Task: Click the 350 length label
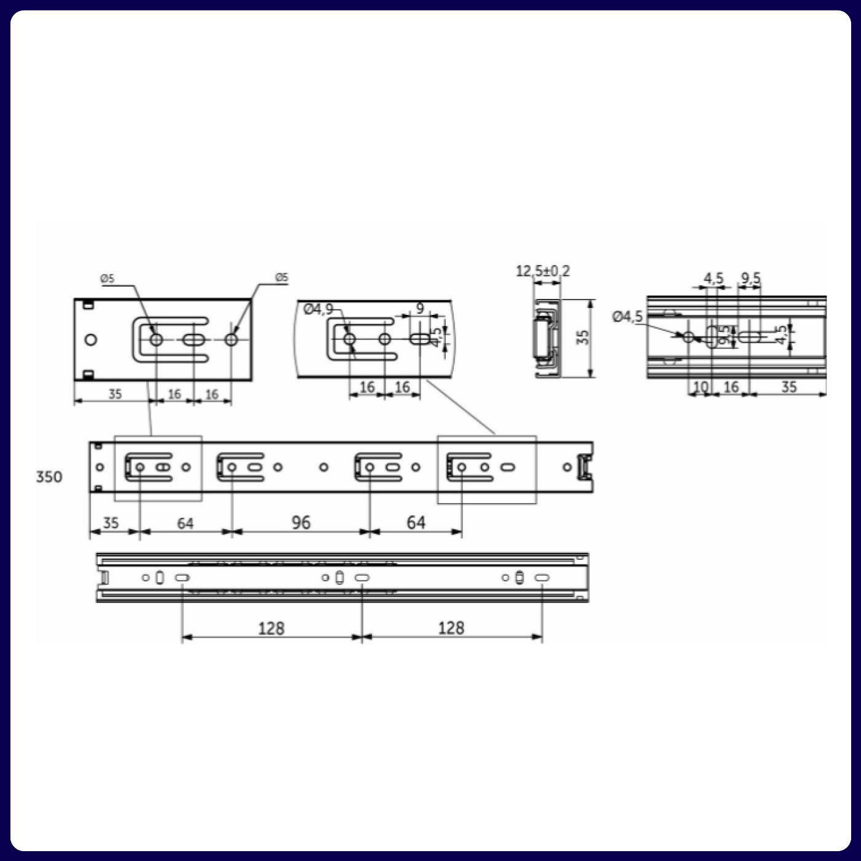point(49,477)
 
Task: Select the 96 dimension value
point(301,523)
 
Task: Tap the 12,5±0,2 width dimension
point(542,271)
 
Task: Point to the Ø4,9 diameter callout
point(318,309)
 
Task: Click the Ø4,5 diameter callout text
point(627,317)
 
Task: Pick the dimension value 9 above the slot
point(420,308)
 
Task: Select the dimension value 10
point(700,387)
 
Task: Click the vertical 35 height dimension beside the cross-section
point(582,337)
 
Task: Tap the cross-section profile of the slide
point(546,338)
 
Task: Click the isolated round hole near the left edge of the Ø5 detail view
point(91,339)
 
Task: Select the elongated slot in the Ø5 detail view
point(194,339)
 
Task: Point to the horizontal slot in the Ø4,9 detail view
point(419,339)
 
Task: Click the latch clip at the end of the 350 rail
point(585,467)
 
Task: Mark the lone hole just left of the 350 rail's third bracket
point(323,467)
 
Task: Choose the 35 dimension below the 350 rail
point(111,523)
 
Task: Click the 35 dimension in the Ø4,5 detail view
point(789,387)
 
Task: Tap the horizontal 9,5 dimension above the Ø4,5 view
point(750,279)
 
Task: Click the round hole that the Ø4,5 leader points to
point(688,336)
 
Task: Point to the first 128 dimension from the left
point(271,628)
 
